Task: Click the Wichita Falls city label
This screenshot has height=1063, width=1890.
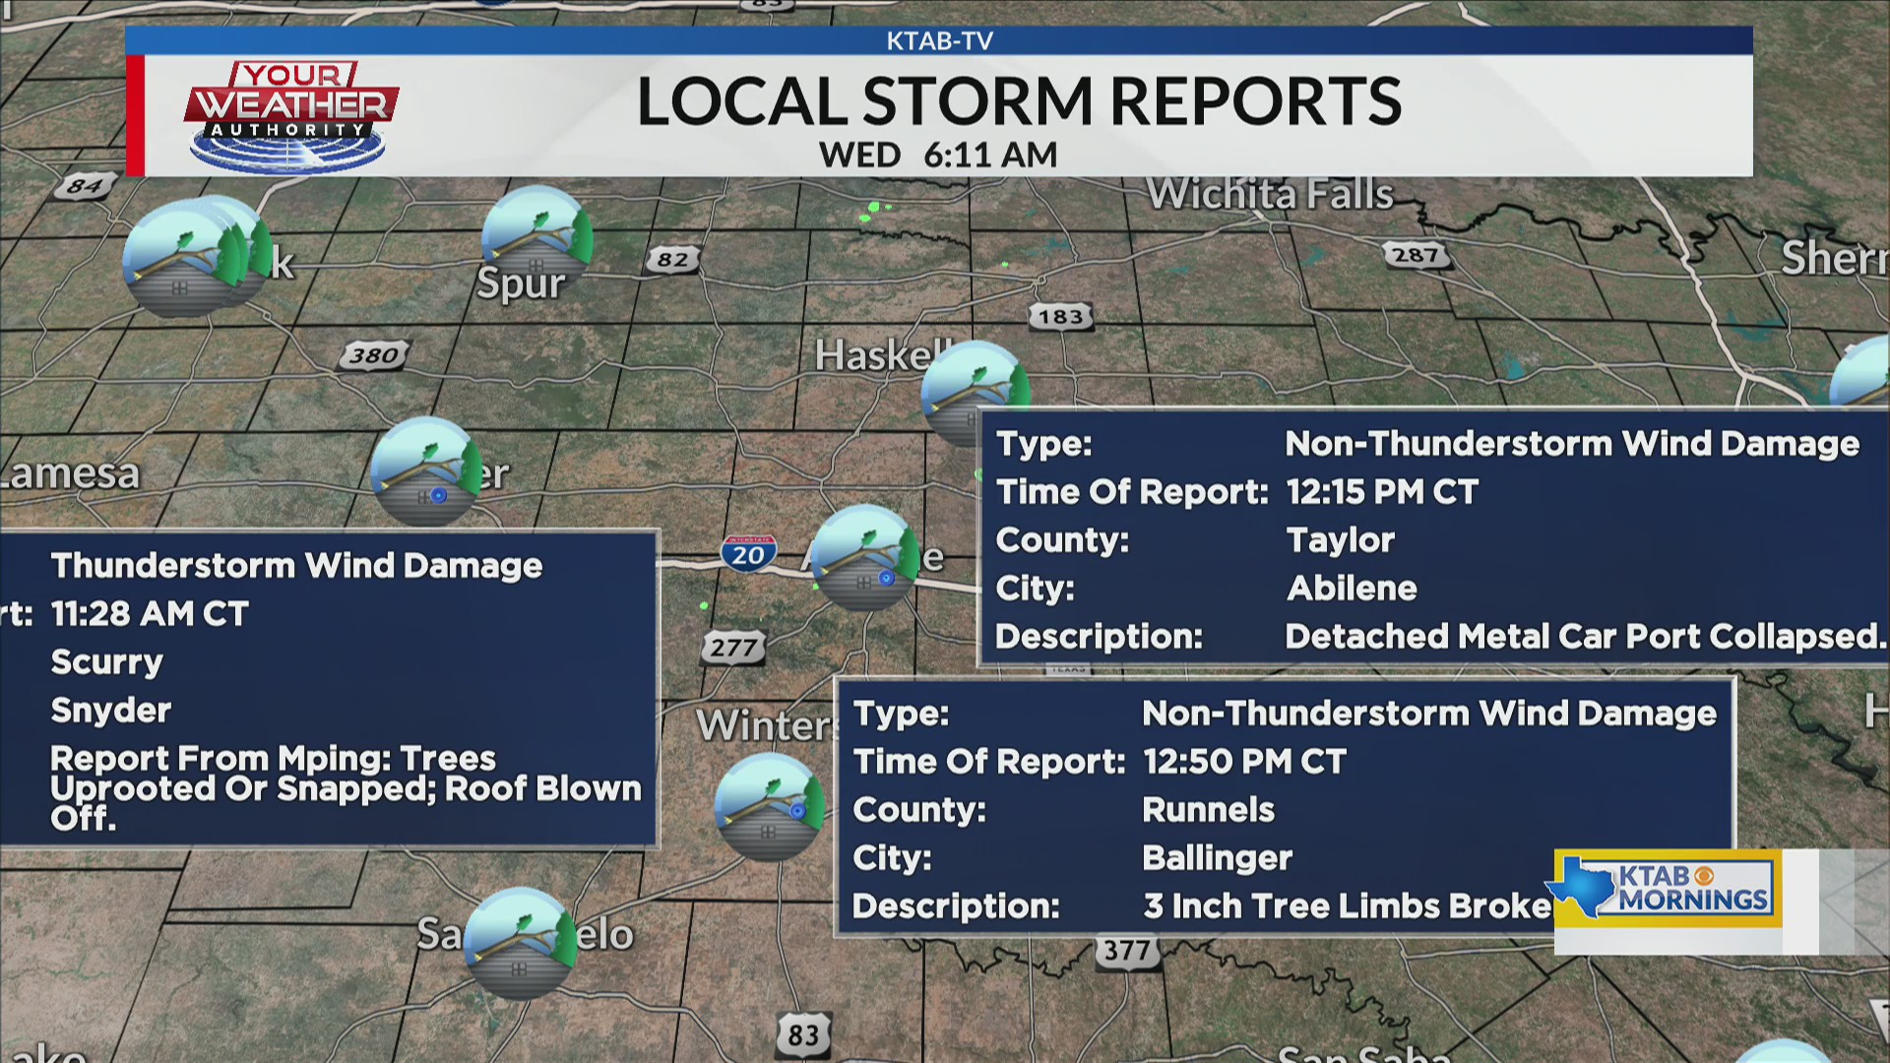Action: click(x=1270, y=194)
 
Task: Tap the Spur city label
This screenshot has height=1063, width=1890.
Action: click(x=521, y=284)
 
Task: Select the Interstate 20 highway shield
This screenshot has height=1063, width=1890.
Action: click(x=748, y=552)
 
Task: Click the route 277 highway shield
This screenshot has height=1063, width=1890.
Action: click(x=733, y=648)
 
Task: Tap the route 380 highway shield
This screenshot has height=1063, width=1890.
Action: click(x=374, y=355)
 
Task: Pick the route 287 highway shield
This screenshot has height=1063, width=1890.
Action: click(x=1416, y=255)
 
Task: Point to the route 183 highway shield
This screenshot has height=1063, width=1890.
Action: click(x=1060, y=317)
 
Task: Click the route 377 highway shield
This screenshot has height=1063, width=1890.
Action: click(x=1126, y=951)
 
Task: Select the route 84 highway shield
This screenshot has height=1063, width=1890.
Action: click(x=84, y=185)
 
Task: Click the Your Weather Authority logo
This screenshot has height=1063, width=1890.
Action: click(x=291, y=115)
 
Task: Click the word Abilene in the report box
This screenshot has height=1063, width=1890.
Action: click(x=1352, y=589)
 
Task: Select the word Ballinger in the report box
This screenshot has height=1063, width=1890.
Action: click(x=1217, y=858)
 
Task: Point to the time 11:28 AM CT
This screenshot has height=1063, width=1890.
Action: click(x=150, y=614)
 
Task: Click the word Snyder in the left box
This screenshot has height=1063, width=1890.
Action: click(x=110, y=711)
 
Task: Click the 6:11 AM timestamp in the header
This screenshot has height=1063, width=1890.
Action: click(x=990, y=156)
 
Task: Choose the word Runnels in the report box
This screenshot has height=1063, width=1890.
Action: click(x=1208, y=810)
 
